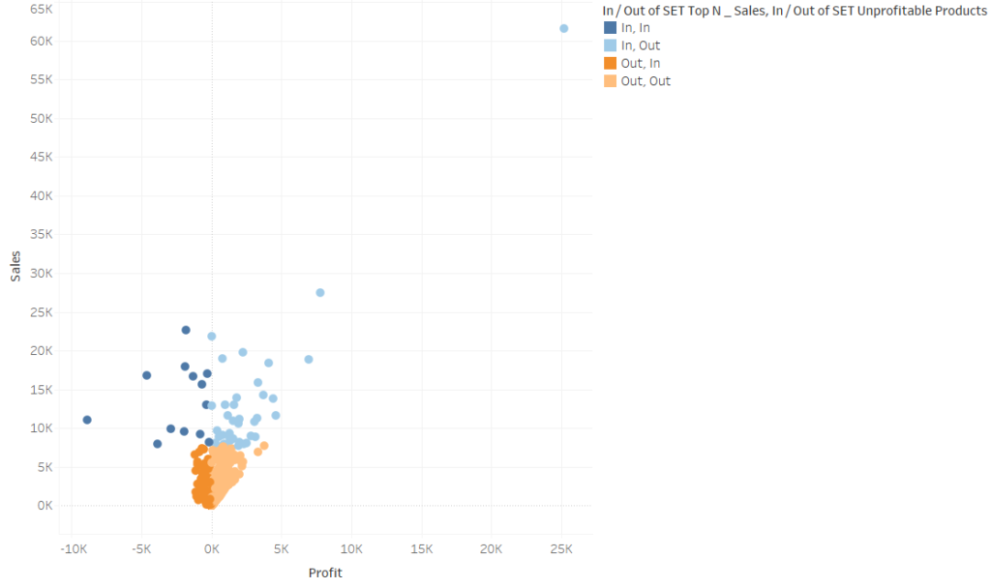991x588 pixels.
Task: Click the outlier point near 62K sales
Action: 564,28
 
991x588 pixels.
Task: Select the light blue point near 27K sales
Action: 320,292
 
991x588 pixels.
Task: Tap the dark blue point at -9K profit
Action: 87,420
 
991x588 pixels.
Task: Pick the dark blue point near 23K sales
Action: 186,330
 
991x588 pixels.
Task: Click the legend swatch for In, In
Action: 610,28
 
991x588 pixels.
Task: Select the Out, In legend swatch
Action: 610,63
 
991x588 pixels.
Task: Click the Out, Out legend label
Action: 646,81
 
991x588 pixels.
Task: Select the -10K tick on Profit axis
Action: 73,548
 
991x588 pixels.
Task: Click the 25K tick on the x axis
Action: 561,548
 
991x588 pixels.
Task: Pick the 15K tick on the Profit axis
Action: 421,548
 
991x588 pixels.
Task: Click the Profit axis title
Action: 325,573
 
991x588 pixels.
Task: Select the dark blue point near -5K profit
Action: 147,375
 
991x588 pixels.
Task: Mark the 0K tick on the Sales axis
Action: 45,506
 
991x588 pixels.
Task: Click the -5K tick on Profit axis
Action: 141,548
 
